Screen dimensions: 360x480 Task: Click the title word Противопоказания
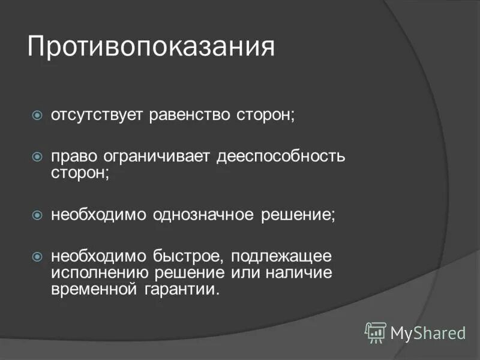pyautogui.click(x=151, y=47)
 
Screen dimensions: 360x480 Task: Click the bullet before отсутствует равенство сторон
pyautogui.click(x=37, y=115)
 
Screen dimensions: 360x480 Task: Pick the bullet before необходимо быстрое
pyautogui.click(x=37, y=257)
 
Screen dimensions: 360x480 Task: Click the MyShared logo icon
pyautogui.click(x=376, y=332)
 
